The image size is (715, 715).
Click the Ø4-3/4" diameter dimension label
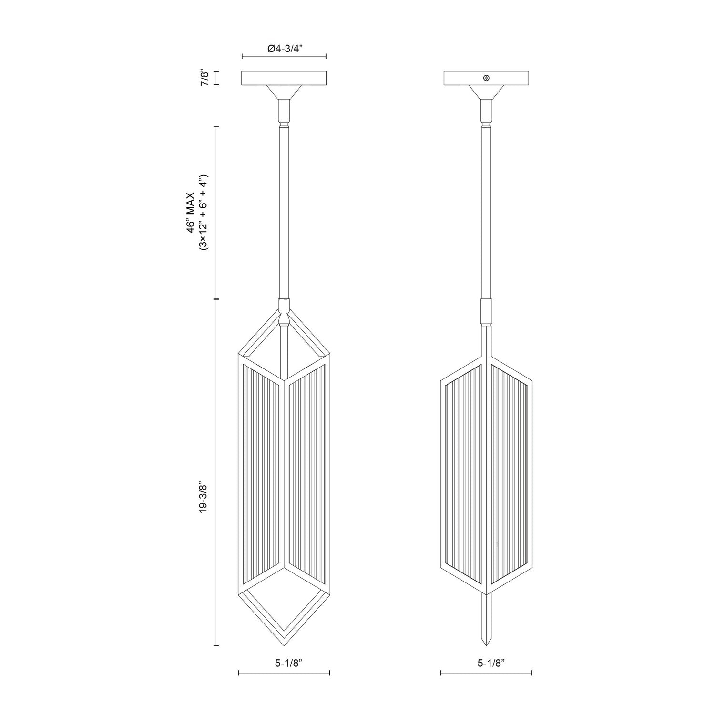point(284,48)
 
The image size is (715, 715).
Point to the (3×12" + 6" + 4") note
point(204,213)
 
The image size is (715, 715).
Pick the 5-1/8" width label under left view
point(284,662)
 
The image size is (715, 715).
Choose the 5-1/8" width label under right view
point(486,662)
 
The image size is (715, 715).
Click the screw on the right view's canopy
point(486,78)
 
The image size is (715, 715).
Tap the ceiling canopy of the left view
point(284,78)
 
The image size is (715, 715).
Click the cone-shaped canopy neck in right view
point(486,92)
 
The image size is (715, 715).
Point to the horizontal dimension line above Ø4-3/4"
point(284,57)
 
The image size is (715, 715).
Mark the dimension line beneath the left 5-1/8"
point(284,673)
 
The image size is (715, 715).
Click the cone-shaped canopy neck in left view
point(284,92)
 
